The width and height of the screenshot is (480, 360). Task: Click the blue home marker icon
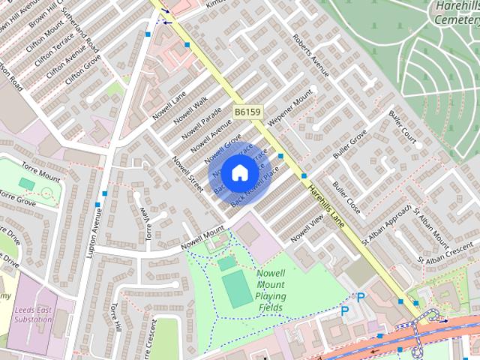(238, 172)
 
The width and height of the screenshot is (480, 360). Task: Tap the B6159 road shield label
(247, 112)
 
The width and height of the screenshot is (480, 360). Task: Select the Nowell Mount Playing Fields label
(270, 290)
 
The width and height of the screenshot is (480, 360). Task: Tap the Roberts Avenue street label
(310, 55)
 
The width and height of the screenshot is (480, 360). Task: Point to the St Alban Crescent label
(450, 253)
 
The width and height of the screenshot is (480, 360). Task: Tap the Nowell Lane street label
(168, 106)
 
